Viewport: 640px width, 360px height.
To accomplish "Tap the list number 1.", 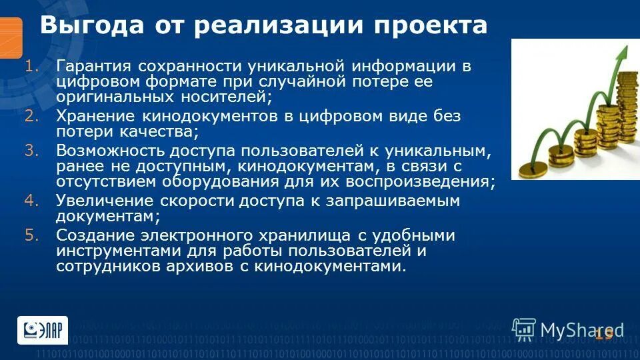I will [33, 67].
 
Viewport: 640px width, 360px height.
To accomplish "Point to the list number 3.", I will [33, 150].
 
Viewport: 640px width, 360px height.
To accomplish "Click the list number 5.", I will [33, 235].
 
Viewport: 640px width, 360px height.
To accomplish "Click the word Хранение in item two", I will [91, 116].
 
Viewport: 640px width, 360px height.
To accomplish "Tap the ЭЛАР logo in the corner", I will [42, 330].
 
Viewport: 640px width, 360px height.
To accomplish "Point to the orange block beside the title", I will [11, 37].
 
